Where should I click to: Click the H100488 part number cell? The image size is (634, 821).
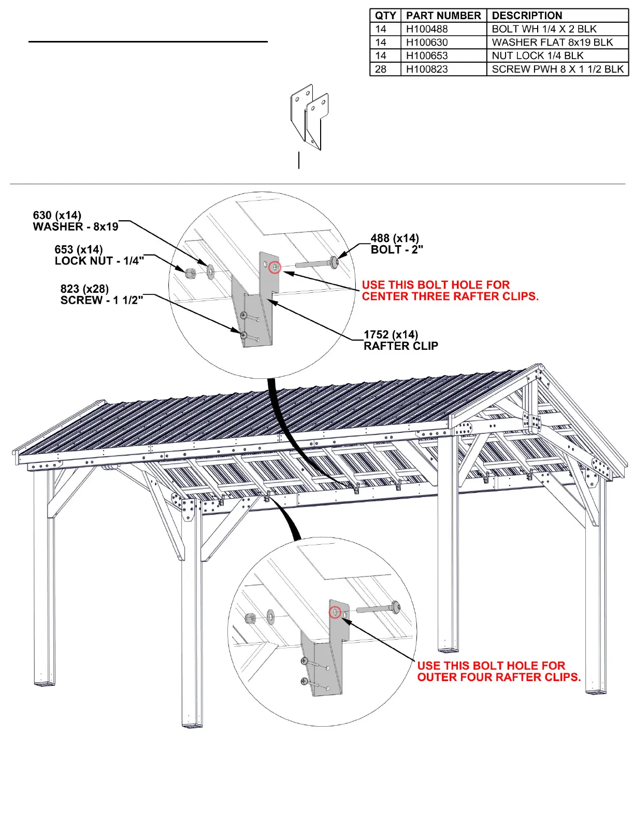point(427,29)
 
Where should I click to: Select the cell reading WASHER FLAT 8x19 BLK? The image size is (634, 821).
point(552,43)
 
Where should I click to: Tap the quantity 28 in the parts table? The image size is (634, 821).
point(381,69)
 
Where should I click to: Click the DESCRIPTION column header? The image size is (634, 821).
point(527,16)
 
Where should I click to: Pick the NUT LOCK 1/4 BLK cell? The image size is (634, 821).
point(538,55)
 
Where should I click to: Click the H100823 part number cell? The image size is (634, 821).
point(427,69)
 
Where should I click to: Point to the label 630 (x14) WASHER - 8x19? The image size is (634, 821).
point(76,221)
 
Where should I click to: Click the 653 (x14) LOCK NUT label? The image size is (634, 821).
point(99,255)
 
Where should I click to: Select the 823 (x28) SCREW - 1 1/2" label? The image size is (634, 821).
point(102,294)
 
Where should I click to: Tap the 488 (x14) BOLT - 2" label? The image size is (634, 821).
point(396,244)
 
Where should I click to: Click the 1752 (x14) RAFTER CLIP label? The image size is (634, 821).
point(400,340)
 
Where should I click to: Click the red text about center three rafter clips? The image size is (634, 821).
point(450,291)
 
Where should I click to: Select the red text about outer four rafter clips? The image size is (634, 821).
point(498,671)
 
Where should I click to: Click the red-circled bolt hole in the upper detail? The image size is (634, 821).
point(275,267)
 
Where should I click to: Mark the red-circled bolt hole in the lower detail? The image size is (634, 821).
point(335,612)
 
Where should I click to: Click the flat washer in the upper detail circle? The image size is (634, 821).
point(211,271)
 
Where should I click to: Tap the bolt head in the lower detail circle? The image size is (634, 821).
point(396,606)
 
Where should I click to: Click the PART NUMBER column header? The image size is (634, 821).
point(443,16)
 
